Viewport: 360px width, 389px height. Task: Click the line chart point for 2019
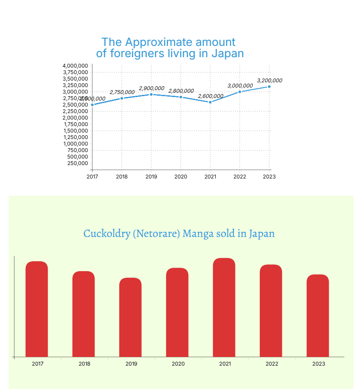151,94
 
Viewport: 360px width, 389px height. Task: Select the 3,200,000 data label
269,81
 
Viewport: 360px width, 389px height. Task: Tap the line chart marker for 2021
210,102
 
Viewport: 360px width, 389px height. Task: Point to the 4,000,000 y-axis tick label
75,66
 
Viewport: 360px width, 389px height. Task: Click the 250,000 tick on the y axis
78,163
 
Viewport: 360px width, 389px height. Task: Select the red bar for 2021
224,307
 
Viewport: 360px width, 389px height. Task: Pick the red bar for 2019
131,317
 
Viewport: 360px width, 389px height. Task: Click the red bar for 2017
37,309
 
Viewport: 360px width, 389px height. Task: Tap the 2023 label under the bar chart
319,364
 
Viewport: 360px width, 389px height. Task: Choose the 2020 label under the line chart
181,177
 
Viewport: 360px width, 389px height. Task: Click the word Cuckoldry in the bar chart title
106,234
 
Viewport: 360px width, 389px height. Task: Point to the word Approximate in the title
159,42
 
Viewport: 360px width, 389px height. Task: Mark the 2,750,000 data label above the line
122,92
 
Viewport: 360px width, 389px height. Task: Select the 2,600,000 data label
211,96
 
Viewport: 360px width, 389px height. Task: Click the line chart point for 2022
240,91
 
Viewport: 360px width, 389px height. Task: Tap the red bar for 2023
318,315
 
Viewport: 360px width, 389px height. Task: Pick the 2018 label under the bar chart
85,364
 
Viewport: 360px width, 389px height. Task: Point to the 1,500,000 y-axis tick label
76,131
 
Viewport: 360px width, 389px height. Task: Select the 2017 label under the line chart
92,177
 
